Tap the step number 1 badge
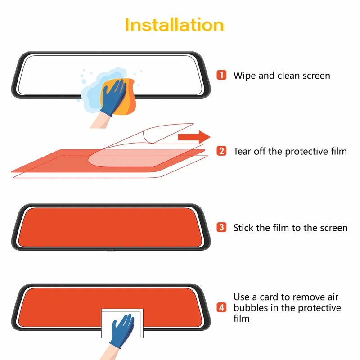point(221,75)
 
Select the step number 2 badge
point(221,151)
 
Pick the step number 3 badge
point(221,227)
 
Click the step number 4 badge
point(221,308)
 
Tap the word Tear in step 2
point(243,151)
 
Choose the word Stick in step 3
point(243,227)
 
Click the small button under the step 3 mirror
point(109,249)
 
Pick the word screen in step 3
point(332,228)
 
